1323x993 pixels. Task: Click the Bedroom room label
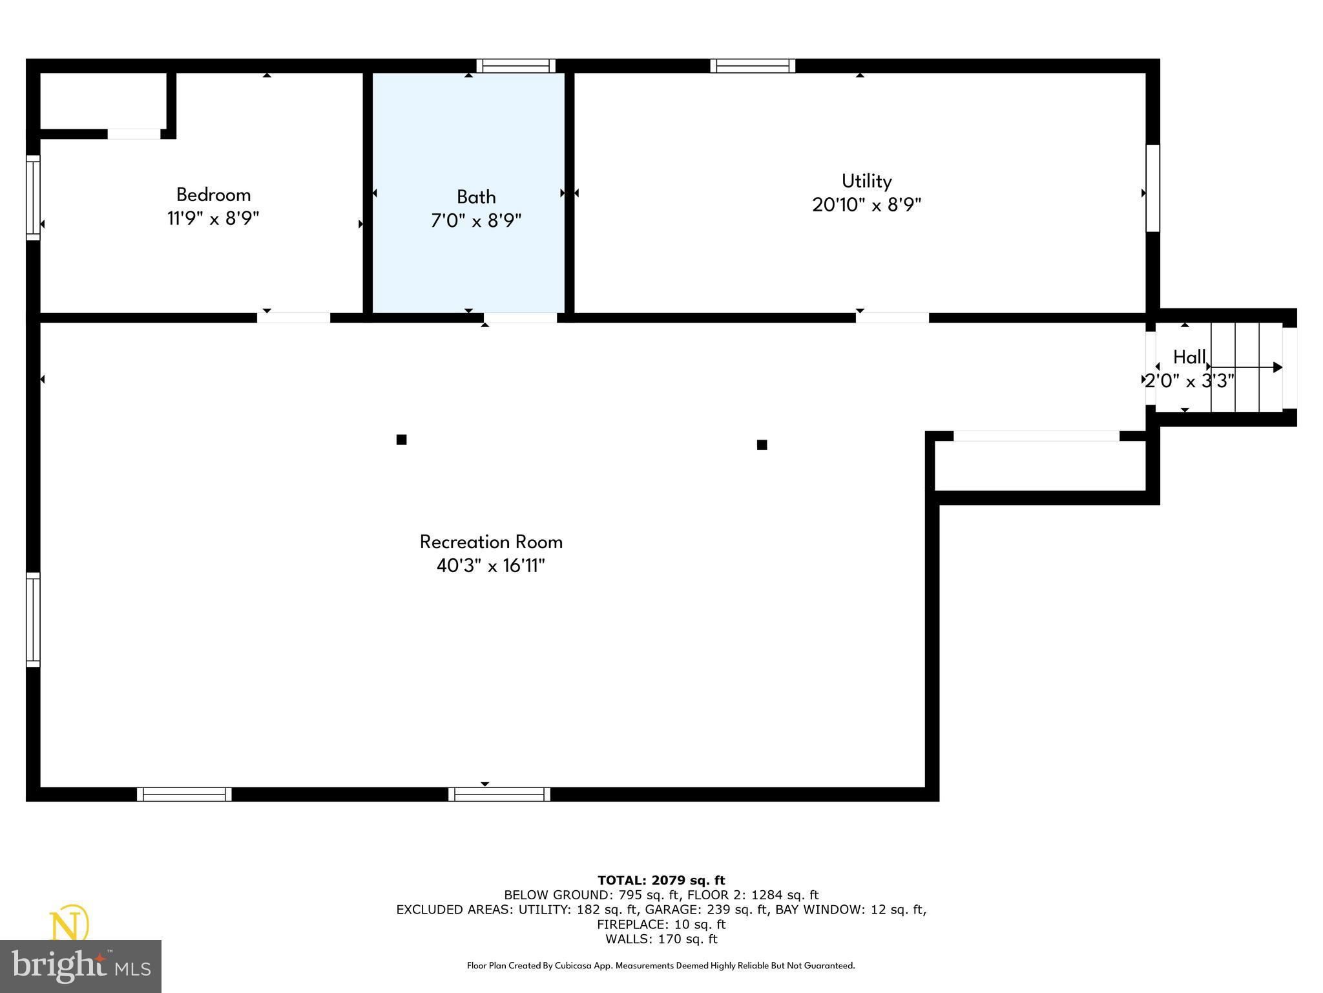[213, 195]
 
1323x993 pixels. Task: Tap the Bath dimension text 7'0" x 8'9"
[476, 221]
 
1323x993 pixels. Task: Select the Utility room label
[866, 181]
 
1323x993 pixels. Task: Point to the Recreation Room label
[491, 542]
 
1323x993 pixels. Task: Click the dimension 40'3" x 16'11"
[491, 566]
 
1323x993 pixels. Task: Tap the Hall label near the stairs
[1189, 357]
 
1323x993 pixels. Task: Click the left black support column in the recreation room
[401, 440]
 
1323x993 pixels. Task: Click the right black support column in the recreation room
[762, 445]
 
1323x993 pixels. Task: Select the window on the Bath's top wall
[516, 65]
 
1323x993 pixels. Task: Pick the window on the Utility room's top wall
[753, 65]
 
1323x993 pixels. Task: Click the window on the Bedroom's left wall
[33, 197]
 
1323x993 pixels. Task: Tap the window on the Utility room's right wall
[1152, 188]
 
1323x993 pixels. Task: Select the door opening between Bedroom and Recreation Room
[294, 317]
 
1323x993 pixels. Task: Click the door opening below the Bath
[520, 317]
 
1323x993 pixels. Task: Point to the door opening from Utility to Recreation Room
[893, 317]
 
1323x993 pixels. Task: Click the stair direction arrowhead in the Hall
[1277, 367]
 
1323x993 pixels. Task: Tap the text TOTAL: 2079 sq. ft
[661, 880]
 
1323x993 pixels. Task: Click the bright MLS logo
[81, 966]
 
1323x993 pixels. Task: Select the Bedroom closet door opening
[134, 134]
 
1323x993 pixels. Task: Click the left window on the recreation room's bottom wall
[184, 794]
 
